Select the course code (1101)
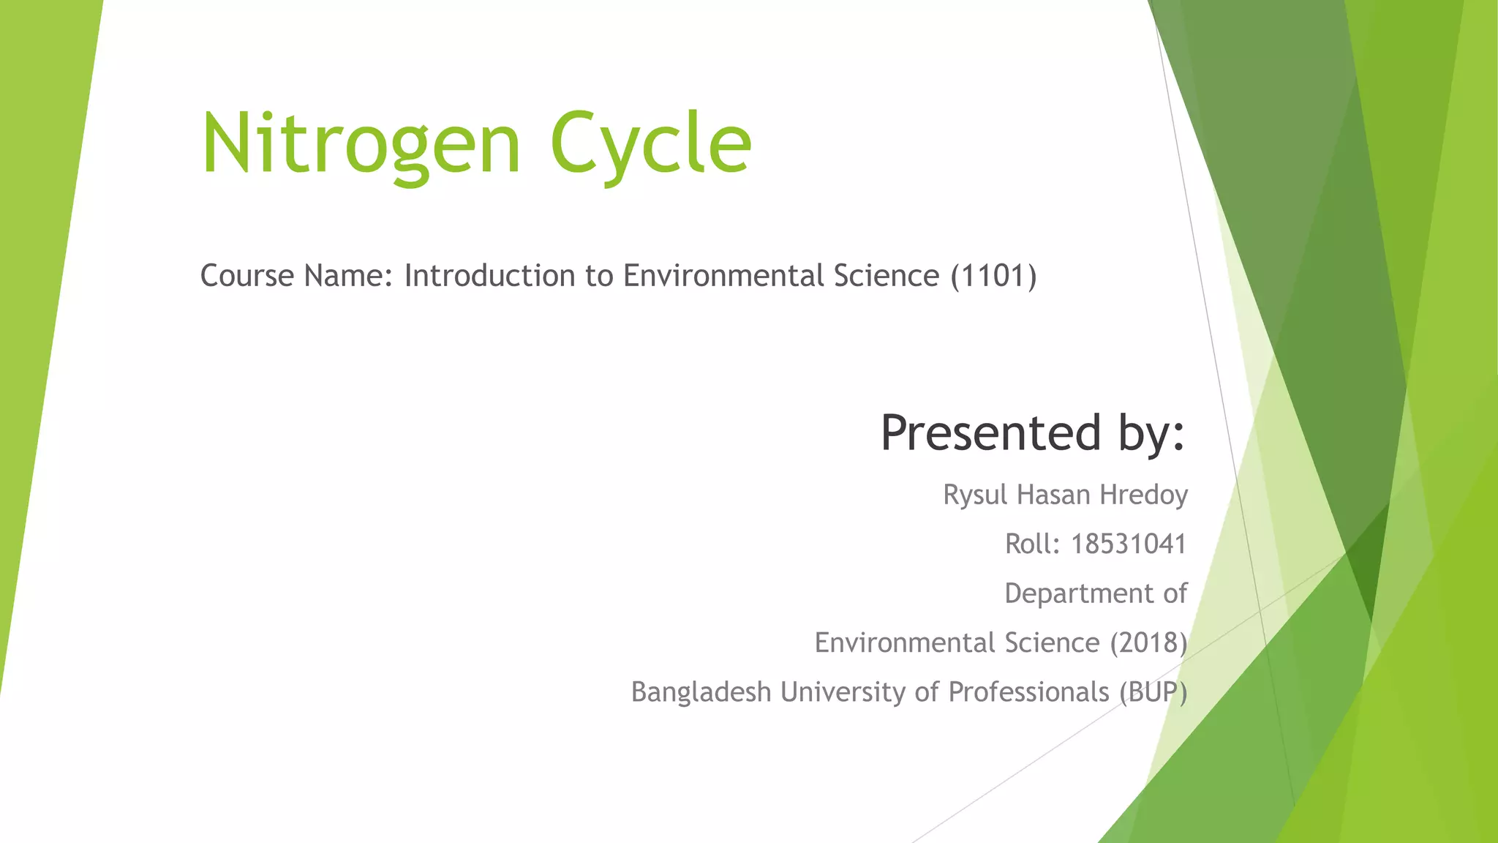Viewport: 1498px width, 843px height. point(993,276)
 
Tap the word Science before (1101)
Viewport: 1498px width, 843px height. point(886,276)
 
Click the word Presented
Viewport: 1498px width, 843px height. point(991,432)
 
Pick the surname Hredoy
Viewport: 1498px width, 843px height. point(1144,495)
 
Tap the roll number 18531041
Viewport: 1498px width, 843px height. point(1129,544)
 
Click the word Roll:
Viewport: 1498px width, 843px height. point(1032,544)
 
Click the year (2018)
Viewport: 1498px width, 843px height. point(1148,642)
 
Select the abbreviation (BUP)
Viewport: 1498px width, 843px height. point(1153,692)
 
